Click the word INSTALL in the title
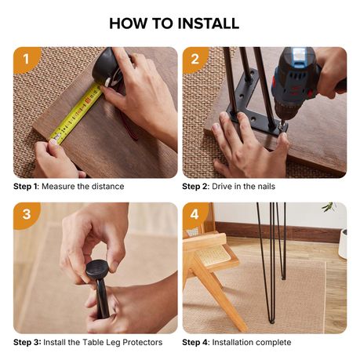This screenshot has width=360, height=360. pos(209,24)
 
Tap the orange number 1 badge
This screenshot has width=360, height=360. pos(26,59)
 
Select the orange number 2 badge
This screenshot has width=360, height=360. pos(195,59)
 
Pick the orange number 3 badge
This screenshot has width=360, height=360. pos(26,214)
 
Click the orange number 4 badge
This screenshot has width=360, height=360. pos(195,214)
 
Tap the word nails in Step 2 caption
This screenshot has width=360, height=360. pos(267,187)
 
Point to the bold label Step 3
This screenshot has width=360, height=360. pos(27,343)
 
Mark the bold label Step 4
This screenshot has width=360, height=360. pos(196,343)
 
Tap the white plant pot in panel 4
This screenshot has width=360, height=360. pos(343,244)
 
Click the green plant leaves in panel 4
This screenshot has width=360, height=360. pos(329,206)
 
